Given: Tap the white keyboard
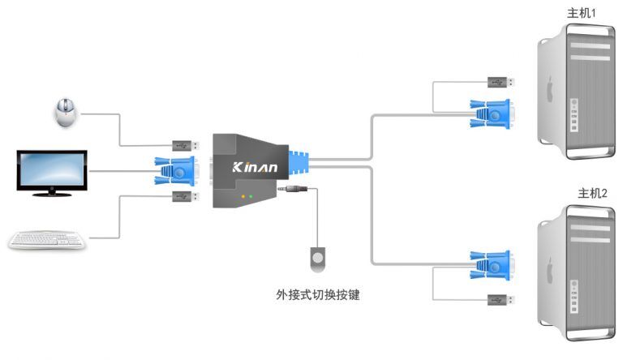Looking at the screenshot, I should click(47, 239).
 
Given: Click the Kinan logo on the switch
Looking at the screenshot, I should click(255, 168).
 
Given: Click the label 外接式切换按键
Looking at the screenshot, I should click(317, 294).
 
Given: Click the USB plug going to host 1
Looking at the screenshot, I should click(499, 82).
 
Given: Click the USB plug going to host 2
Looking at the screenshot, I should click(499, 300).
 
